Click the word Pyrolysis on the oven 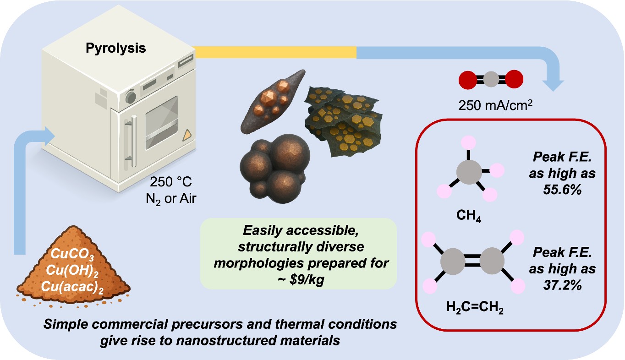pyautogui.click(x=116, y=48)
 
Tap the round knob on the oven pyautogui.click(x=131, y=97)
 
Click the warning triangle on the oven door pyautogui.click(x=187, y=135)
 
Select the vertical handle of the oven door pyautogui.click(x=133, y=132)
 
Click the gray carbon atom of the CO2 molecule pyautogui.click(x=491, y=79)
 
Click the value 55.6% pyautogui.click(x=555, y=190)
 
